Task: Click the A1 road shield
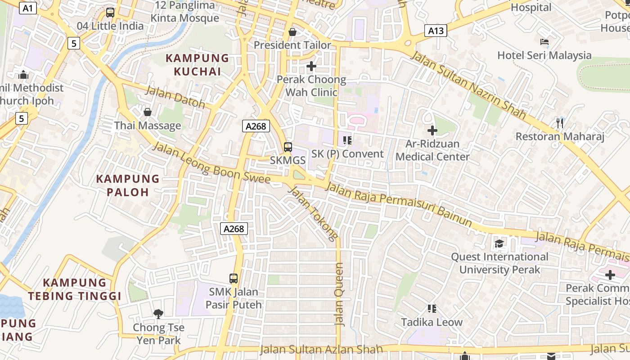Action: point(27,8)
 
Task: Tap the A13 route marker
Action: point(436,31)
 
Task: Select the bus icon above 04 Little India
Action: point(110,13)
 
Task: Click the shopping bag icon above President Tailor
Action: point(292,32)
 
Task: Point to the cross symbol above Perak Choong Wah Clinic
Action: point(311,67)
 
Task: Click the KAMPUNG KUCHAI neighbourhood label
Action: point(198,65)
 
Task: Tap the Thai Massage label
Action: point(148,126)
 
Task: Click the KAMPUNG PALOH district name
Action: point(128,185)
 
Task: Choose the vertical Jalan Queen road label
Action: point(339,295)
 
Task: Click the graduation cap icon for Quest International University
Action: point(499,243)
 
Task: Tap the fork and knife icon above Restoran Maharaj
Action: point(560,123)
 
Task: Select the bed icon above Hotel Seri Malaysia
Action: point(544,42)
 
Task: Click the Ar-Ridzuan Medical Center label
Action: point(432,150)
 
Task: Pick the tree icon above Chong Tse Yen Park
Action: point(158,314)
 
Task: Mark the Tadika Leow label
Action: point(432,322)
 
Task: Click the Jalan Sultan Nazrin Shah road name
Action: point(468,85)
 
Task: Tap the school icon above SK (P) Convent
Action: point(347,140)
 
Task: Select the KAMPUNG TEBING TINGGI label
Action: point(75,289)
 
